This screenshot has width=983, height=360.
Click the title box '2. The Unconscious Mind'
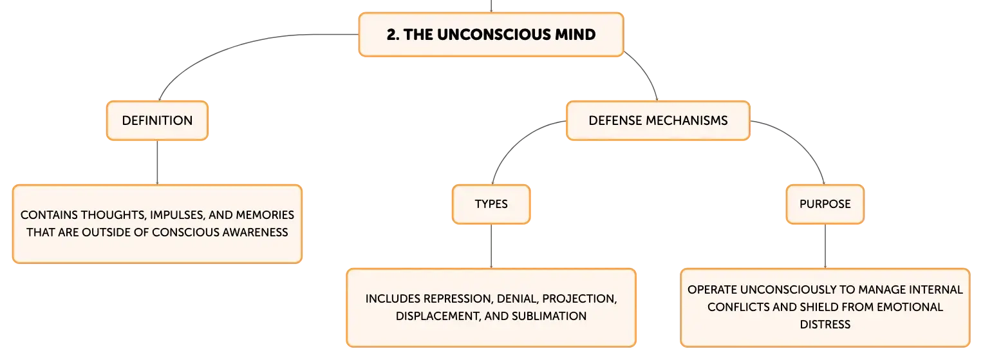[491, 35]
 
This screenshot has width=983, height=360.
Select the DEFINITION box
[157, 120]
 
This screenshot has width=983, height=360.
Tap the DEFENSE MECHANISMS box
[658, 120]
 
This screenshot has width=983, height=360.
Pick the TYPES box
[491, 204]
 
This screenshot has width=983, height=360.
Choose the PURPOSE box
[825, 204]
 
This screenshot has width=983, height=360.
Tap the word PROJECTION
[579, 299]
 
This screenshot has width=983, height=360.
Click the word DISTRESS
[825, 325]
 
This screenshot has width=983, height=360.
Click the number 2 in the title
[391, 35]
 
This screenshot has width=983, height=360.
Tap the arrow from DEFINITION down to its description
[157, 162]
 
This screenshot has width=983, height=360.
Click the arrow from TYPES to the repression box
[491, 246]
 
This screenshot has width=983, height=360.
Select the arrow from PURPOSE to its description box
[825, 246]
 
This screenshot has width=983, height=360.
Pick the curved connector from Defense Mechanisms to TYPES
[518, 140]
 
